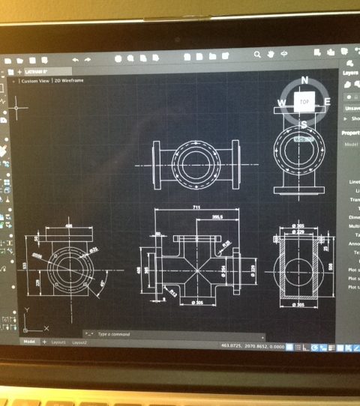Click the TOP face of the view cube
click(304, 101)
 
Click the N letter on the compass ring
click(304, 79)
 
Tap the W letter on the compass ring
click(282, 102)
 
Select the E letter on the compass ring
click(328, 100)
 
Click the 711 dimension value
click(196, 205)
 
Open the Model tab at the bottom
click(29, 342)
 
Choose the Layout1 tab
click(58, 342)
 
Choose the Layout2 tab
click(79, 342)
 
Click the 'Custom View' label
click(35, 80)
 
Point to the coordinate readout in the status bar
click(253, 345)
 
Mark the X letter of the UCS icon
click(44, 330)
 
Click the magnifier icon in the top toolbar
click(257, 55)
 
